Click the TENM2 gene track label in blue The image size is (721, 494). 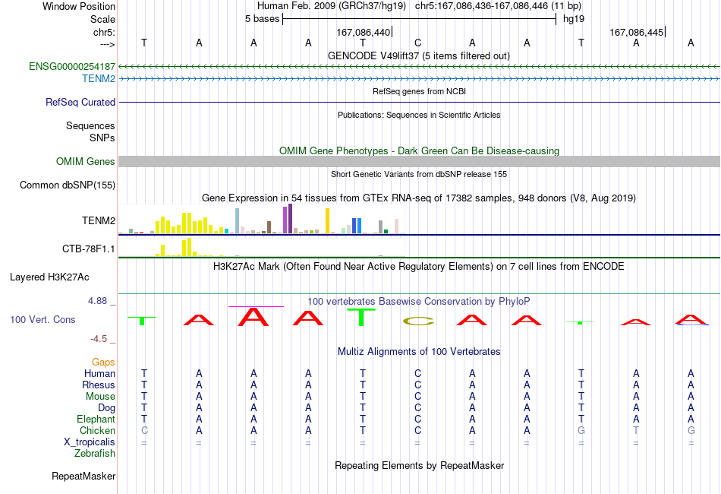(99, 79)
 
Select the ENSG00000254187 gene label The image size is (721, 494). (72, 66)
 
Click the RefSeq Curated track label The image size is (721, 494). (80, 102)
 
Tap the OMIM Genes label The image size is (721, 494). (85, 162)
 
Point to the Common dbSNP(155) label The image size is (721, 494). (67, 185)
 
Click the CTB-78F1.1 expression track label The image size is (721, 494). (88, 249)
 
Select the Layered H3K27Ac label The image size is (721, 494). (49, 277)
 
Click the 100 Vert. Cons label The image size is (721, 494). (43, 319)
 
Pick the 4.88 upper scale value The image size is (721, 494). (97, 301)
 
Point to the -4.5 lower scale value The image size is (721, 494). (99, 339)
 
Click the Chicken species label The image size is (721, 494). (97, 430)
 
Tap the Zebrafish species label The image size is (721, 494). (95, 454)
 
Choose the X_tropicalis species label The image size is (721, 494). (90, 442)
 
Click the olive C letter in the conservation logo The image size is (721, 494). (418, 321)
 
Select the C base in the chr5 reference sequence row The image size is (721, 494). (417, 43)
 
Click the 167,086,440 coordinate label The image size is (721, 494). (363, 32)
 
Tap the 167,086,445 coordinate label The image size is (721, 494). (637, 32)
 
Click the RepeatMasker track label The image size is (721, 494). (83, 476)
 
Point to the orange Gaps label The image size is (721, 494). (103, 363)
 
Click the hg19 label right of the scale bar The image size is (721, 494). (574, 19)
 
